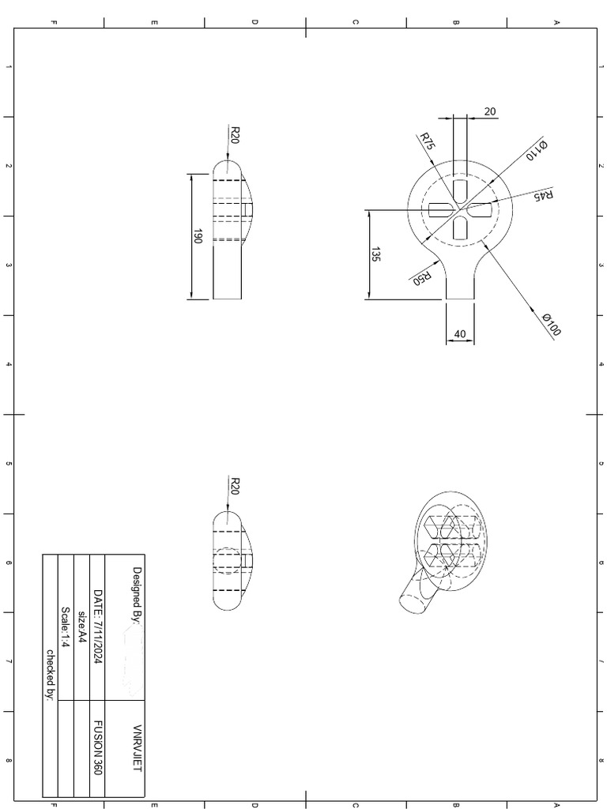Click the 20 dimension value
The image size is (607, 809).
[489, 111]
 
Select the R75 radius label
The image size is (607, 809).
[427, 142]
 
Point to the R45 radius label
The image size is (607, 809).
[544, 195]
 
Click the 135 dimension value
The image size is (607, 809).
[376, 255]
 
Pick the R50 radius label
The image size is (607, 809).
[422, 278]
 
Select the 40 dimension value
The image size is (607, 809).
[460, 334]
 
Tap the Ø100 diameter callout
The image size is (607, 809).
[551, 325]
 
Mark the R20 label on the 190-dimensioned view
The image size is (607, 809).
[234, 134]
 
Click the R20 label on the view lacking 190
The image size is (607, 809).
[234, 486]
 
